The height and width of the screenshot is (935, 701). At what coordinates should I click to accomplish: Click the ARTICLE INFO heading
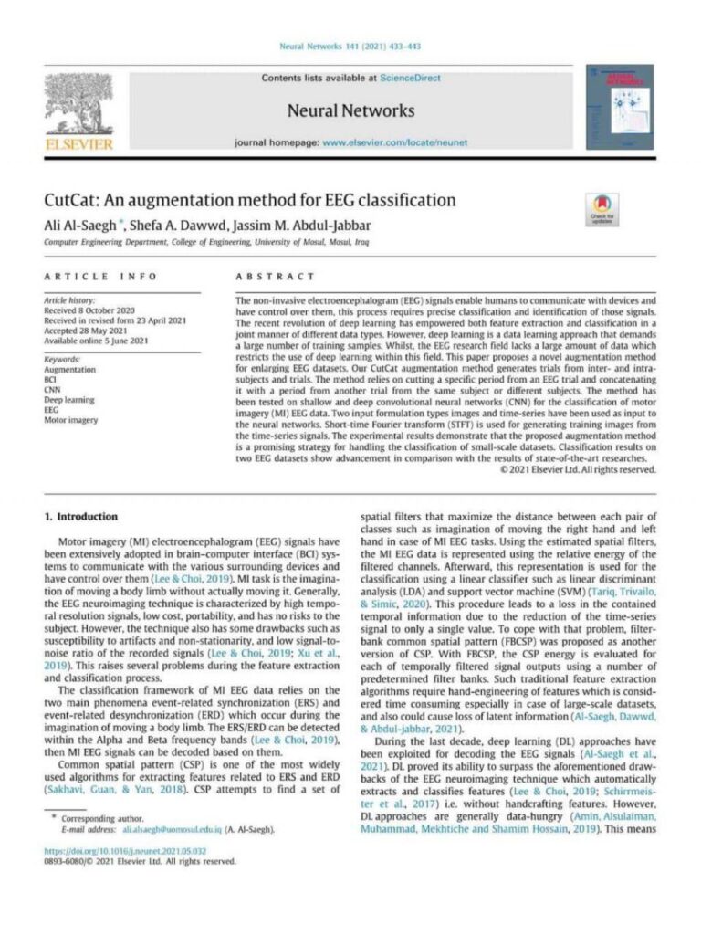101,276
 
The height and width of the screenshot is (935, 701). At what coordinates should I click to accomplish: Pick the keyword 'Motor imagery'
72,420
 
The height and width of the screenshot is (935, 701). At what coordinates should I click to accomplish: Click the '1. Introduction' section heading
81,517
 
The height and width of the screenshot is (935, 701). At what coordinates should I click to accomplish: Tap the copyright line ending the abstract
578,469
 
